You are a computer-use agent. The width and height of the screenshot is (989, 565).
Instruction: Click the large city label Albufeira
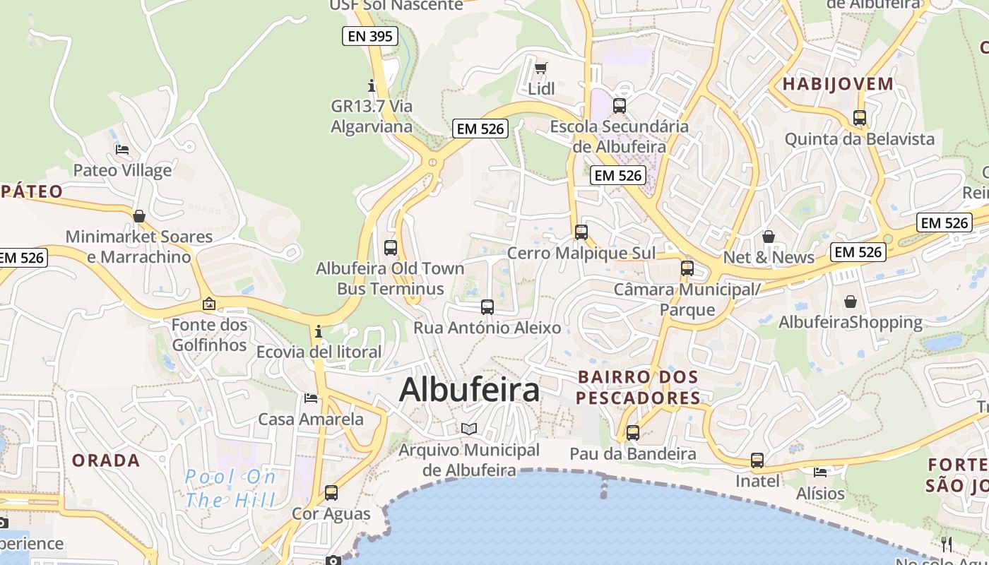click(x=469, y=390)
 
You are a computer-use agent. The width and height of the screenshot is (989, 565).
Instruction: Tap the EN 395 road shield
click(x=370, y=36)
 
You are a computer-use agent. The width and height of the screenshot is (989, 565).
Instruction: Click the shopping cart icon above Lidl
click(x=541, y=69)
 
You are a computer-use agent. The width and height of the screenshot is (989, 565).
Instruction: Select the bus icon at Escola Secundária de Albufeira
click(x=620, y=106)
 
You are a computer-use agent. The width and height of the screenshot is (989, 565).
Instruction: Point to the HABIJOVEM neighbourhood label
click(x=838, y=84)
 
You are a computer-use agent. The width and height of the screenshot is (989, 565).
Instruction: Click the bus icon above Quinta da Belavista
click(x=860, y=118)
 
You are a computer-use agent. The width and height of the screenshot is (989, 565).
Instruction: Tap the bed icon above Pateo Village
click(x=122, y=150)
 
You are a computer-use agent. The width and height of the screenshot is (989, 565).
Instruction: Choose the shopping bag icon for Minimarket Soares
click(x=139, y=215)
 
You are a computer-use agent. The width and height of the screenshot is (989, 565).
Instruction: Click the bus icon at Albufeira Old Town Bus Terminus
click(x=391, y=247)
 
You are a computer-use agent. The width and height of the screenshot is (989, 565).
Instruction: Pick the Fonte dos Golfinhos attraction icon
click(x=209, y=304)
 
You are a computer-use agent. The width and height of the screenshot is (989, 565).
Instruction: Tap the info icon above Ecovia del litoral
click(x=319, y=331)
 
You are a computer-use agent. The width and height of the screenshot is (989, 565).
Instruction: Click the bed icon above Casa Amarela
click(x=311, y=398)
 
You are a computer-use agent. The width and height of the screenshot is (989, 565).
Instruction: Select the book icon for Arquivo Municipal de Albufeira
click(x=469, y=429)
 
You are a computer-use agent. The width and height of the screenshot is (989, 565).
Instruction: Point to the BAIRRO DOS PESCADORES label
click(x=638, y=388)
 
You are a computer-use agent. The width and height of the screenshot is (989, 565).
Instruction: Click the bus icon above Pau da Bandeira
click(x=633, y=432)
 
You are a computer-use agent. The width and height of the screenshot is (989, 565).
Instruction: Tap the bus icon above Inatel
click(x=757, y=460)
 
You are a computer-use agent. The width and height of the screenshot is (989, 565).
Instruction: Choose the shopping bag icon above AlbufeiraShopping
click(x=851, y=302)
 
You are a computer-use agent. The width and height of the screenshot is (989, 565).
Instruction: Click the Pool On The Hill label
click(x=230, y=489)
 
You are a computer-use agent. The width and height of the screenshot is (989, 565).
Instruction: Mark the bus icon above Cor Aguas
click(x=331, y=492)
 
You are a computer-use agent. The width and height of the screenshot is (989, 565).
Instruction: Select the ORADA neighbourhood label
click(x=106, y=460)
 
